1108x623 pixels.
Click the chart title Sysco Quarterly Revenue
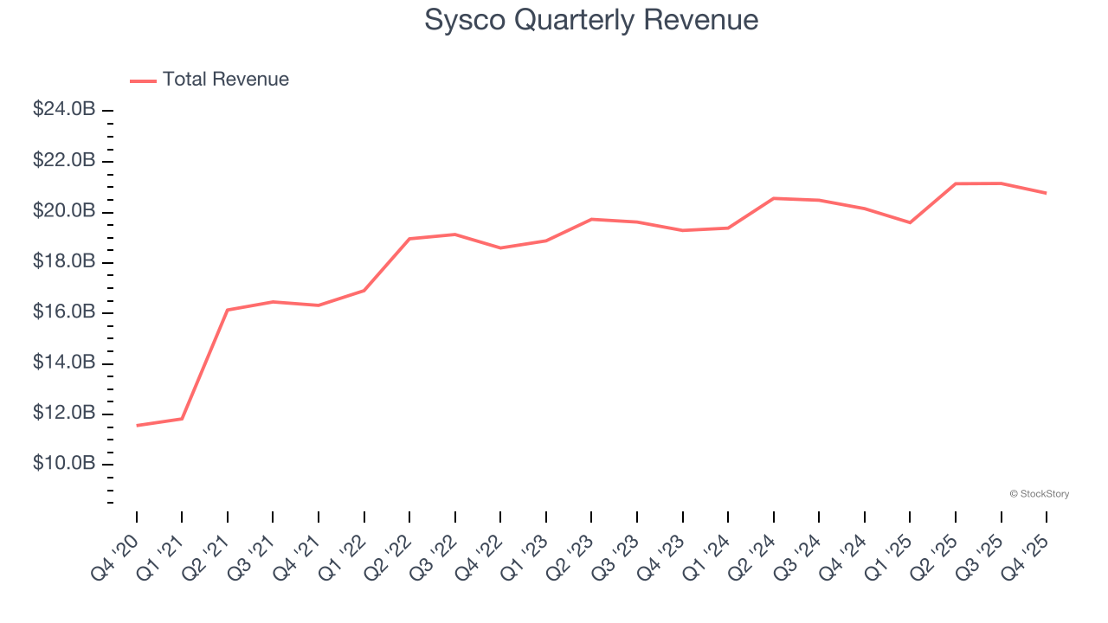click(x=591, y=20)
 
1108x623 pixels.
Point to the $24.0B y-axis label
click(x=64, y=110)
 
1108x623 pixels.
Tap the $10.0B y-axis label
click(x=64, y=464)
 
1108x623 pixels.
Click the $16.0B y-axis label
click(x=64, y=312)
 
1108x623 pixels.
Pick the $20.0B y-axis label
click(x=64, y=211)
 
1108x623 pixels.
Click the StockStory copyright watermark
click(x=1039, y=494)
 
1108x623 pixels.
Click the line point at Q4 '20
click(x=137, y=426)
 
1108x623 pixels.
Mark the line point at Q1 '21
click(x=182, y=419)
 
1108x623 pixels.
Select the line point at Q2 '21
click(x=228, y=310)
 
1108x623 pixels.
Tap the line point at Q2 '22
click(x=409, y=239)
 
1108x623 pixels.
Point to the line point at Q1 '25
click(x=910, y=222)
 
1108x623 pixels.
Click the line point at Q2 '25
click(x=956, y=183)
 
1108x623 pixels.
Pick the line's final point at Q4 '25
click(x=1047, y=193)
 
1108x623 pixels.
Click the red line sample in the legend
click(x=143, y=80)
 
